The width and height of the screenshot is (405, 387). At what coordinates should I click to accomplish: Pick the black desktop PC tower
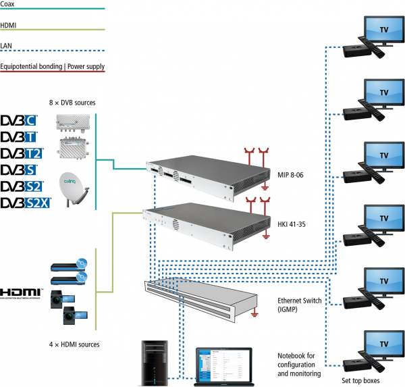pos(153,363)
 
